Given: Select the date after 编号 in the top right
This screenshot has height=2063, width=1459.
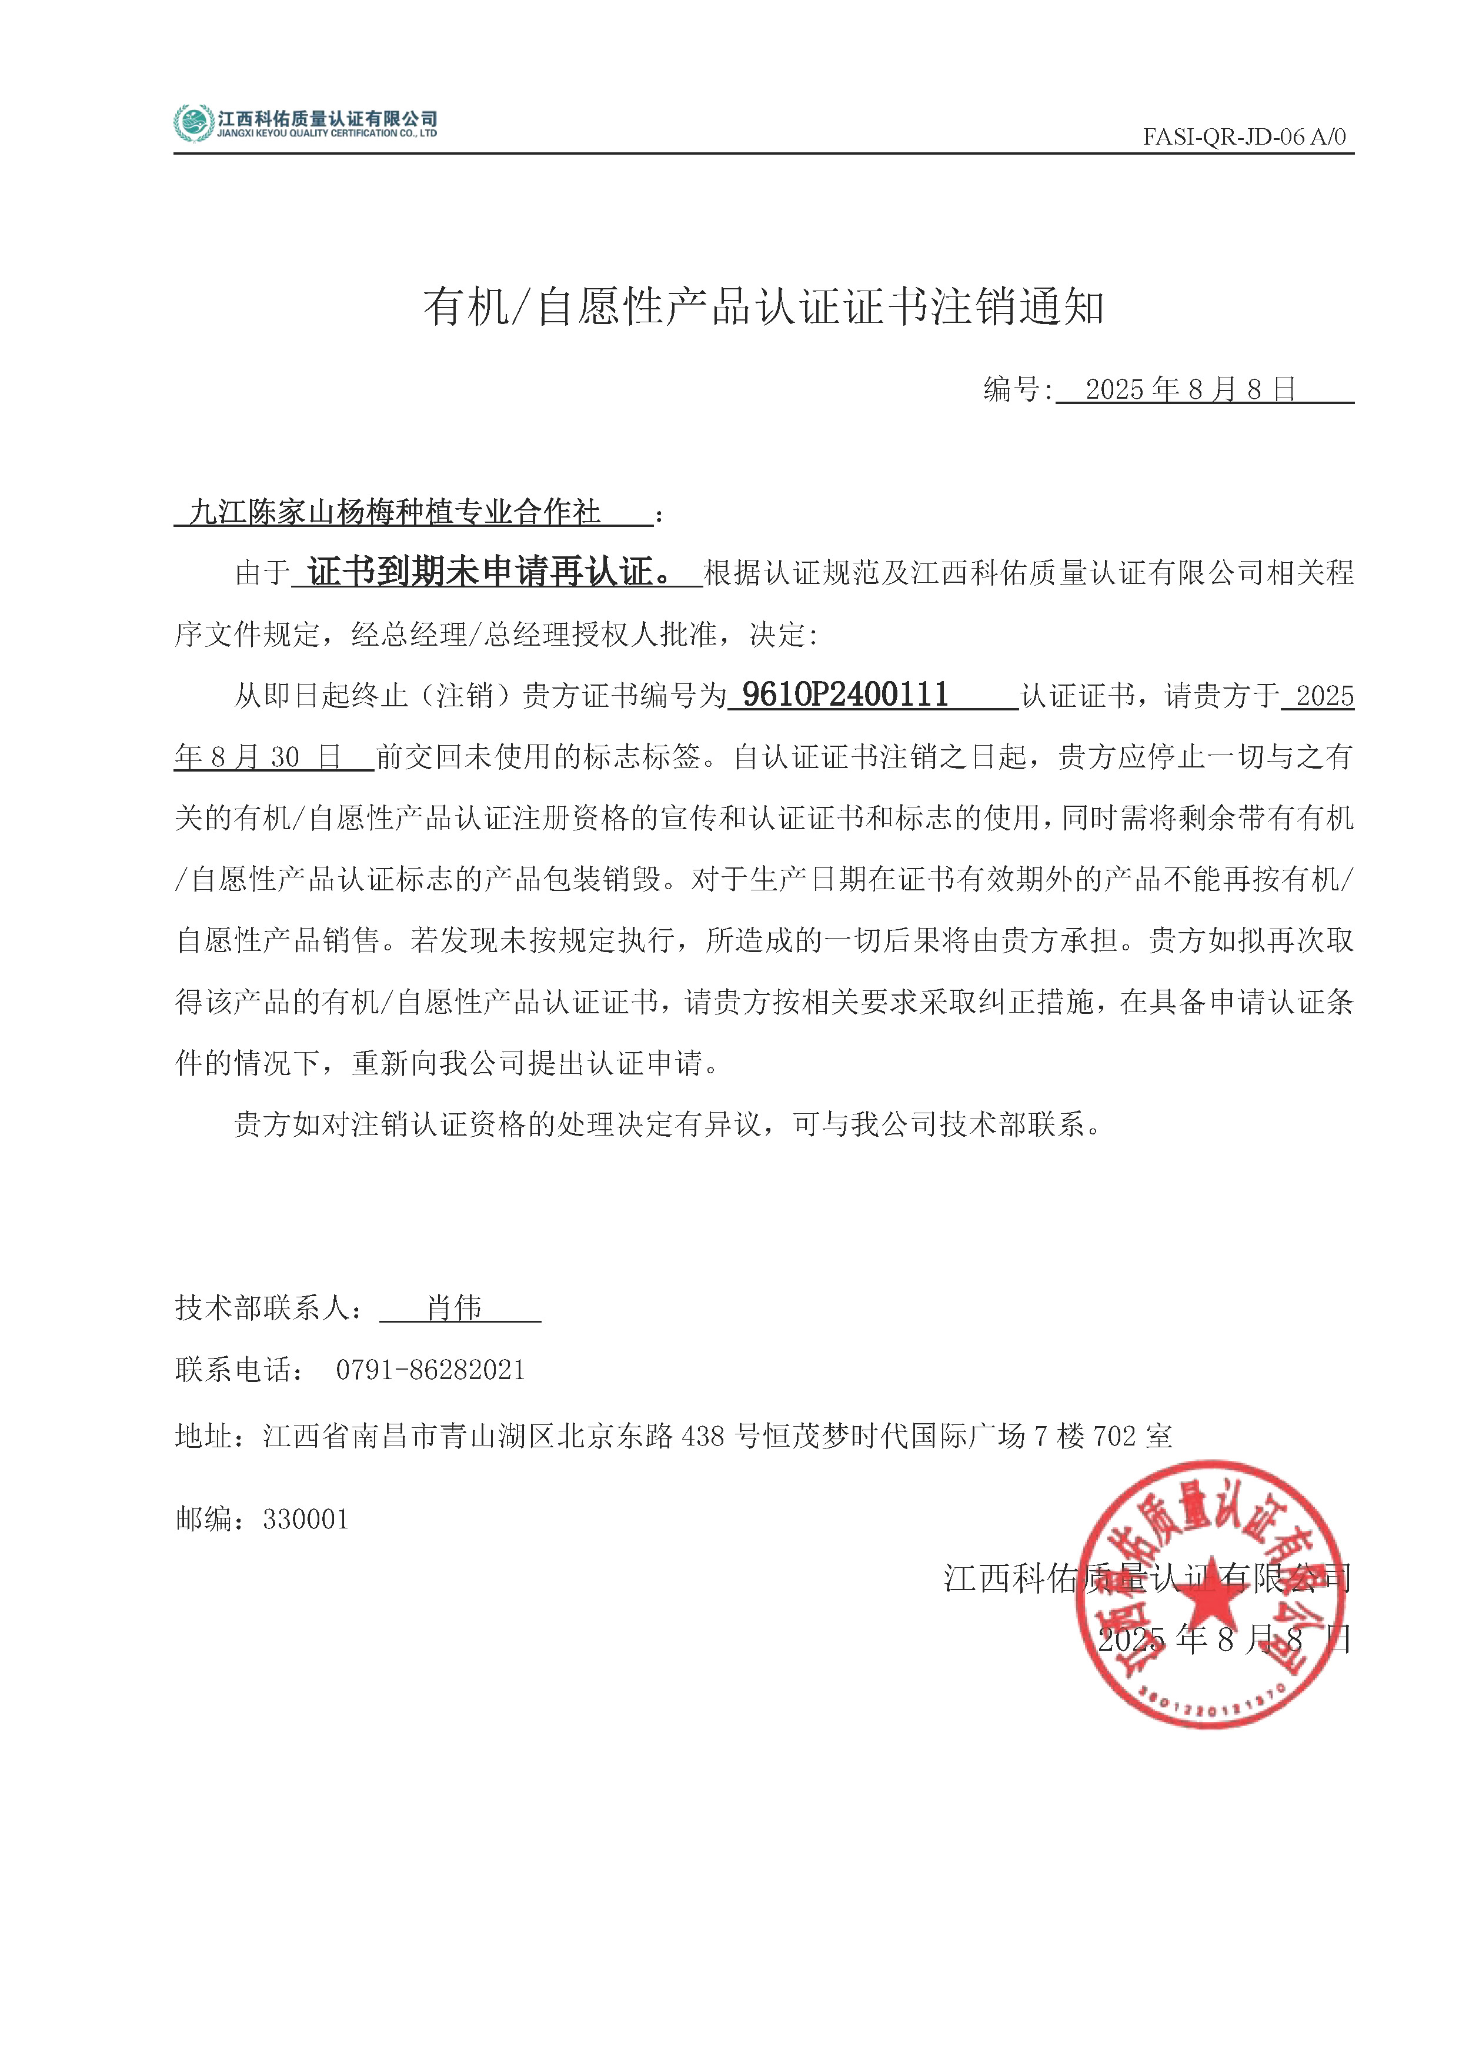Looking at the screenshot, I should [1190, 389].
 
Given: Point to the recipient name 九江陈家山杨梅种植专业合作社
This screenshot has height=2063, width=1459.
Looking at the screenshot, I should [395, 512].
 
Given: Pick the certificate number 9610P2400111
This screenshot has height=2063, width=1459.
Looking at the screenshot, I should [844, 695].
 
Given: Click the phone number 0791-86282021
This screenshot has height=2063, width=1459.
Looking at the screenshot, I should [429, 1370].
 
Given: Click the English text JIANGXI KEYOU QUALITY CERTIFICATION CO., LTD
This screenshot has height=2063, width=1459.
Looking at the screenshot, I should [327, 134].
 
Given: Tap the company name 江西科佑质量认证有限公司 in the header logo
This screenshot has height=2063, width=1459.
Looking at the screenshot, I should [327, 118].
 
